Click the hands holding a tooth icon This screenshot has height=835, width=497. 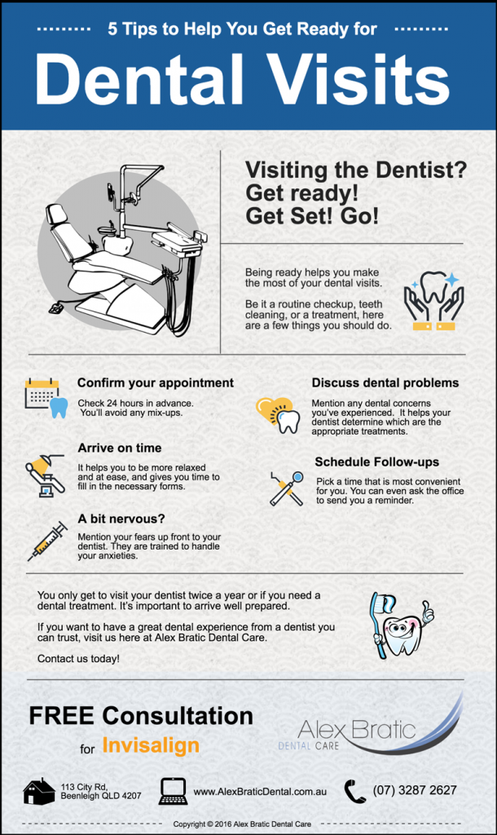tap(433, 301)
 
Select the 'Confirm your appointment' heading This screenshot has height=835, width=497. tap(156, 382)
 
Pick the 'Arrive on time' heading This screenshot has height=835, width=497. tap(120, 448)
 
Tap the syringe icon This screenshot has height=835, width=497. tap(47, 541)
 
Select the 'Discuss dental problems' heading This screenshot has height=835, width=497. tap(385, 382)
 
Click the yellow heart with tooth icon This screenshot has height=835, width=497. tap(278, 414)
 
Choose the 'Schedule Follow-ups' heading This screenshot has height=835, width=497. tap(377, 462)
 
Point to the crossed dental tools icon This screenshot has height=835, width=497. tap(286, 488)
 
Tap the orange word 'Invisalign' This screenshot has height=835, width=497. tap(151, 746)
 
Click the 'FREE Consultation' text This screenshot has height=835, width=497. tap(141, 716)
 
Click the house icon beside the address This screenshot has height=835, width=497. tap(39, 791)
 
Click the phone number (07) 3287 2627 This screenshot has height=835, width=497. tap(415, 790)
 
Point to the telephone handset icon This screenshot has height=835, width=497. tap(354, 791)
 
